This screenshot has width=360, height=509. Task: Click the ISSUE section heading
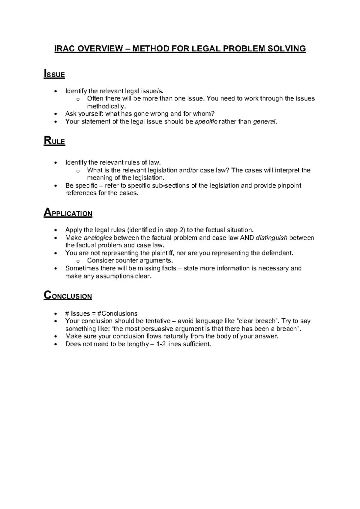54,74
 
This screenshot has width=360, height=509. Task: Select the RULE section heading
54,141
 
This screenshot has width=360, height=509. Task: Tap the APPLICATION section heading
68,213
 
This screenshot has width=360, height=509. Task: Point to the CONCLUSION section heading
68,296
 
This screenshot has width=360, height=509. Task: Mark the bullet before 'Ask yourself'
55,114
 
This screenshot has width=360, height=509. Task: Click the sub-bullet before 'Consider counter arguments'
78,261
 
